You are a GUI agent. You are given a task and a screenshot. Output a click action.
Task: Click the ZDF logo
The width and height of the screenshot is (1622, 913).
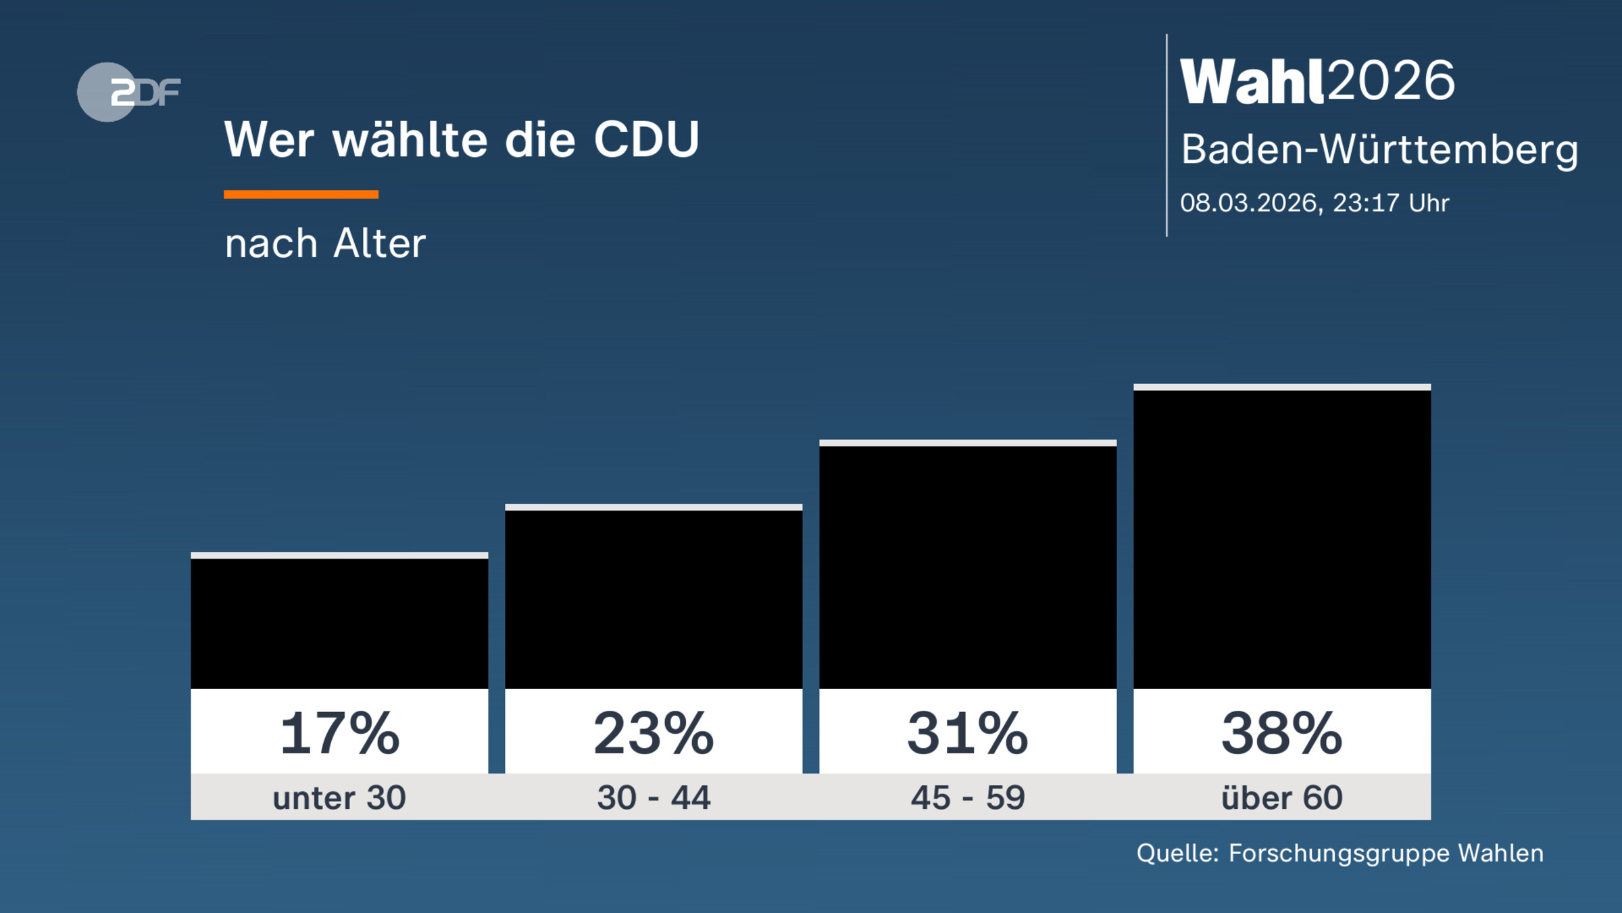128,92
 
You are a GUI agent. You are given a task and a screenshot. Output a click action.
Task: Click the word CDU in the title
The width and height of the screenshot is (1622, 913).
646,140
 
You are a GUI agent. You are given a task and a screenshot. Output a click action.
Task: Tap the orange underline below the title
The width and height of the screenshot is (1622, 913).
301,195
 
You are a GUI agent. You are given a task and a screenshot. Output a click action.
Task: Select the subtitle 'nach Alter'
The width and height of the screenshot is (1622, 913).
325,243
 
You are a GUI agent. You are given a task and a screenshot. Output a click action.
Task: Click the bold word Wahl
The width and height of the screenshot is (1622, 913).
1252,82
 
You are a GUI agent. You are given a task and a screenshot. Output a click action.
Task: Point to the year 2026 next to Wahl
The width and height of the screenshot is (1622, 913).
1391,81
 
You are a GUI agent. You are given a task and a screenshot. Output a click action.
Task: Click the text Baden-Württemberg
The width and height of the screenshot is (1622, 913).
1379,149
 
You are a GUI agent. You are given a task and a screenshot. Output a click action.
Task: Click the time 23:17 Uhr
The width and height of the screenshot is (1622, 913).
1391,203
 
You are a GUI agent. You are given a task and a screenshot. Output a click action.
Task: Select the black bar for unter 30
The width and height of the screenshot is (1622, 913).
339,624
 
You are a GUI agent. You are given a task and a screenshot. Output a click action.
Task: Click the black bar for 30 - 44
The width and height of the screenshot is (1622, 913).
654,599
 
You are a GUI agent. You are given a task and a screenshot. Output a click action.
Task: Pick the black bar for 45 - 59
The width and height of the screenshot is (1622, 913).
968,567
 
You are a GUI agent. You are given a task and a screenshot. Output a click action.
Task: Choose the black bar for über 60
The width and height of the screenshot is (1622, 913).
1282,539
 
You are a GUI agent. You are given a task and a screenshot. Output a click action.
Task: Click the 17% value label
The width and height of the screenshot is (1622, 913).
339,734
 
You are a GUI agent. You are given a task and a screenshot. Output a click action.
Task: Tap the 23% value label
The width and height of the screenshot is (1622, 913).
654,734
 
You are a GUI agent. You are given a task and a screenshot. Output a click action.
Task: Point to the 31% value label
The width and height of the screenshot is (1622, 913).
968,734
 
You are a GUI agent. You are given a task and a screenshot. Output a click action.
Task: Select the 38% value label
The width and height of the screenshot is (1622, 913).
1282,734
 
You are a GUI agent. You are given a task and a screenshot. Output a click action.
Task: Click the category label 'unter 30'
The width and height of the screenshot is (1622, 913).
339,798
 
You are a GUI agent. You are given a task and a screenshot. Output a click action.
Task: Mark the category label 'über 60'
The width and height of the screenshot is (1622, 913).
1282,798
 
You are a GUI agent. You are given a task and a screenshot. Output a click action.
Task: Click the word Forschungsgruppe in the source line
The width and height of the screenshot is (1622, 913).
1339,853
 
